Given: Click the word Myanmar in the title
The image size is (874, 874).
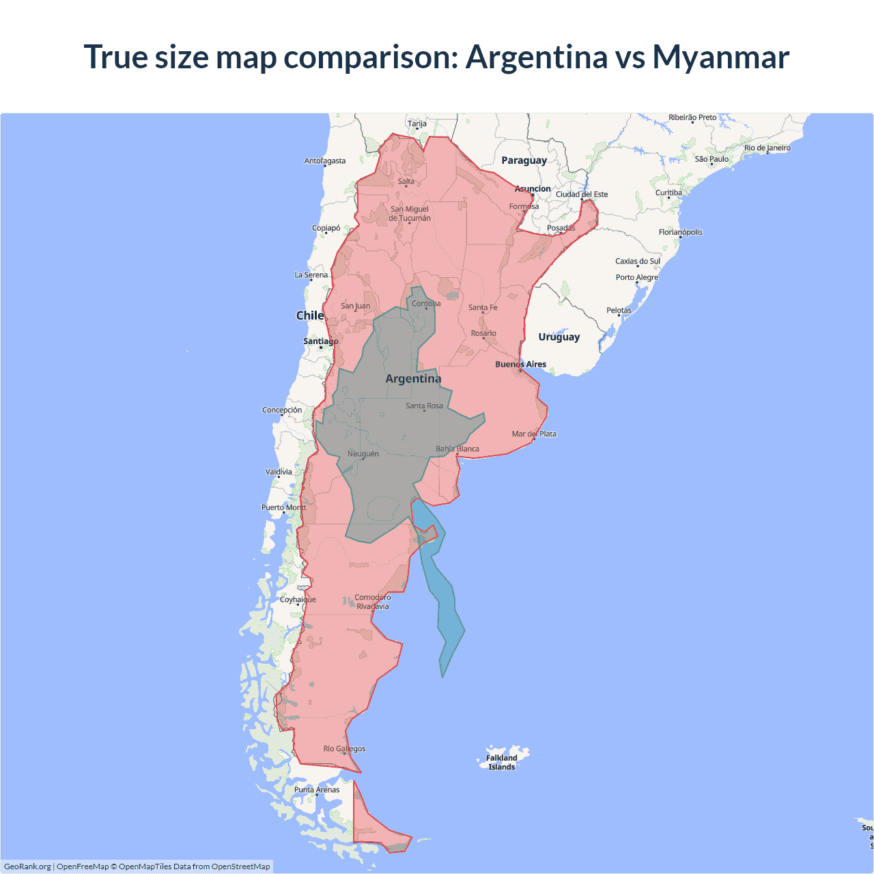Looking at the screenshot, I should [720, 57].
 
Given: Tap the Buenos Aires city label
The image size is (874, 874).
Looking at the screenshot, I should [520, 364].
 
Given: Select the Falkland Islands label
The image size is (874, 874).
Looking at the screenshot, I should [502, 762].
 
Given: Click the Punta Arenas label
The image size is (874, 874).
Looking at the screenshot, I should [317, 789].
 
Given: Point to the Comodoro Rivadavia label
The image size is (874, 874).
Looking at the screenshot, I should [373, 602].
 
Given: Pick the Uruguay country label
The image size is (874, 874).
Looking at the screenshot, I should [559, 337].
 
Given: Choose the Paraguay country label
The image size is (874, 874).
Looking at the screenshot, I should [524, 160].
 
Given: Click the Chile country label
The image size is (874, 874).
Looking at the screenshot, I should [309, 315].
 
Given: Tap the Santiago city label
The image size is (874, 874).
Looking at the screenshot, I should [320, 341].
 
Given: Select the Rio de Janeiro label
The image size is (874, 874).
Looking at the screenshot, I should [767, 147].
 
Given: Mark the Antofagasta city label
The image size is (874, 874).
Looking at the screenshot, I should [324, 161].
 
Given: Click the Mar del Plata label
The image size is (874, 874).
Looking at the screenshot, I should [534, 434].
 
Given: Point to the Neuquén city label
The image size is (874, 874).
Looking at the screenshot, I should [363, 453].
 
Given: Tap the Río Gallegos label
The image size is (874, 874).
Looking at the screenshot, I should [344, 748].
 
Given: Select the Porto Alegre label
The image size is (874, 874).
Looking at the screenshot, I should [636, 277].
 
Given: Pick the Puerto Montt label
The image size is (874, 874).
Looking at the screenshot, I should [283, 507].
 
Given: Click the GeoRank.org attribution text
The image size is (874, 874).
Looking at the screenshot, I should [27, 866].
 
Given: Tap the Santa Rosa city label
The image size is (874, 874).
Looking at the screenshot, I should [424, 406].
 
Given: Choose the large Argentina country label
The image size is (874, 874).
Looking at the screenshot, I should [413, 379].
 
